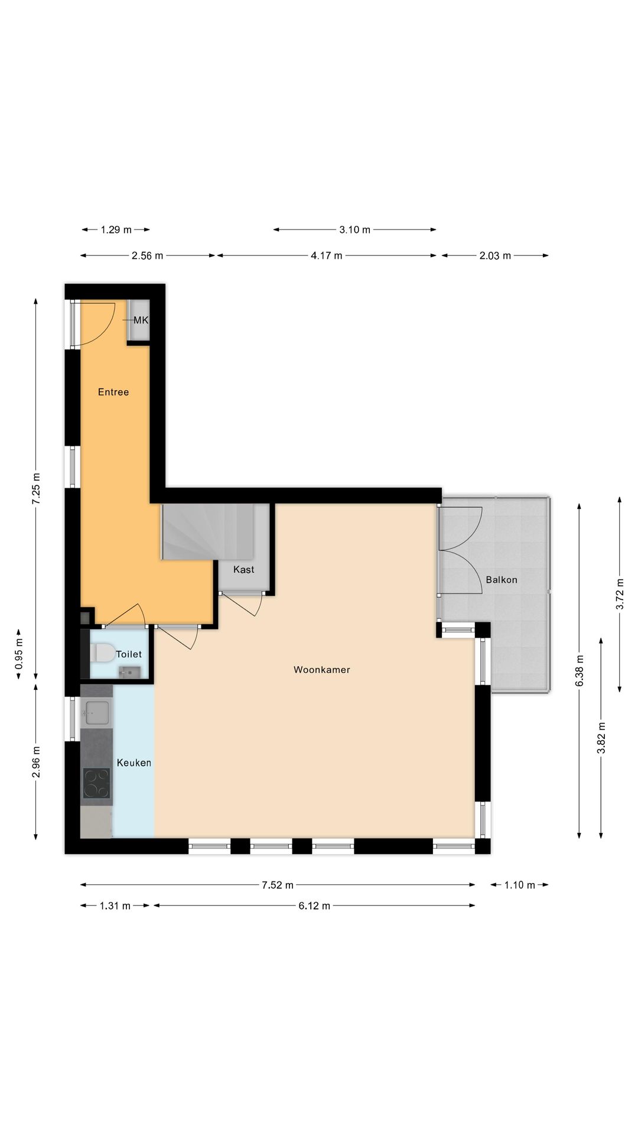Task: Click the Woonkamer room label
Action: pos(321,670)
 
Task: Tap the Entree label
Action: pos(113,392)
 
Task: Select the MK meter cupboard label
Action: pos(141,320)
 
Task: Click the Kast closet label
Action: pos(243,569)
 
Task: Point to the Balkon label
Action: pos(501,580)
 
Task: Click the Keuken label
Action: pos(134,763)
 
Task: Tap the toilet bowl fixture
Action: pos(103,653)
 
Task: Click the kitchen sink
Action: pos(96,712)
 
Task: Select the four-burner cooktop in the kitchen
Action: pos(96,783)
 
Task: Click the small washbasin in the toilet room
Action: pos(129,672)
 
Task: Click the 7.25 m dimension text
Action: pos(36,488)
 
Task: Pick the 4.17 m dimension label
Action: pos(326,256)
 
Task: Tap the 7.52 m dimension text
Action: pos(278,885)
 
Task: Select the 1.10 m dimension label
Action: pos(519,885)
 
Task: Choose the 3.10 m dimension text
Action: pos(354,230)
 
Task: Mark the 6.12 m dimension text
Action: pos(314,906)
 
